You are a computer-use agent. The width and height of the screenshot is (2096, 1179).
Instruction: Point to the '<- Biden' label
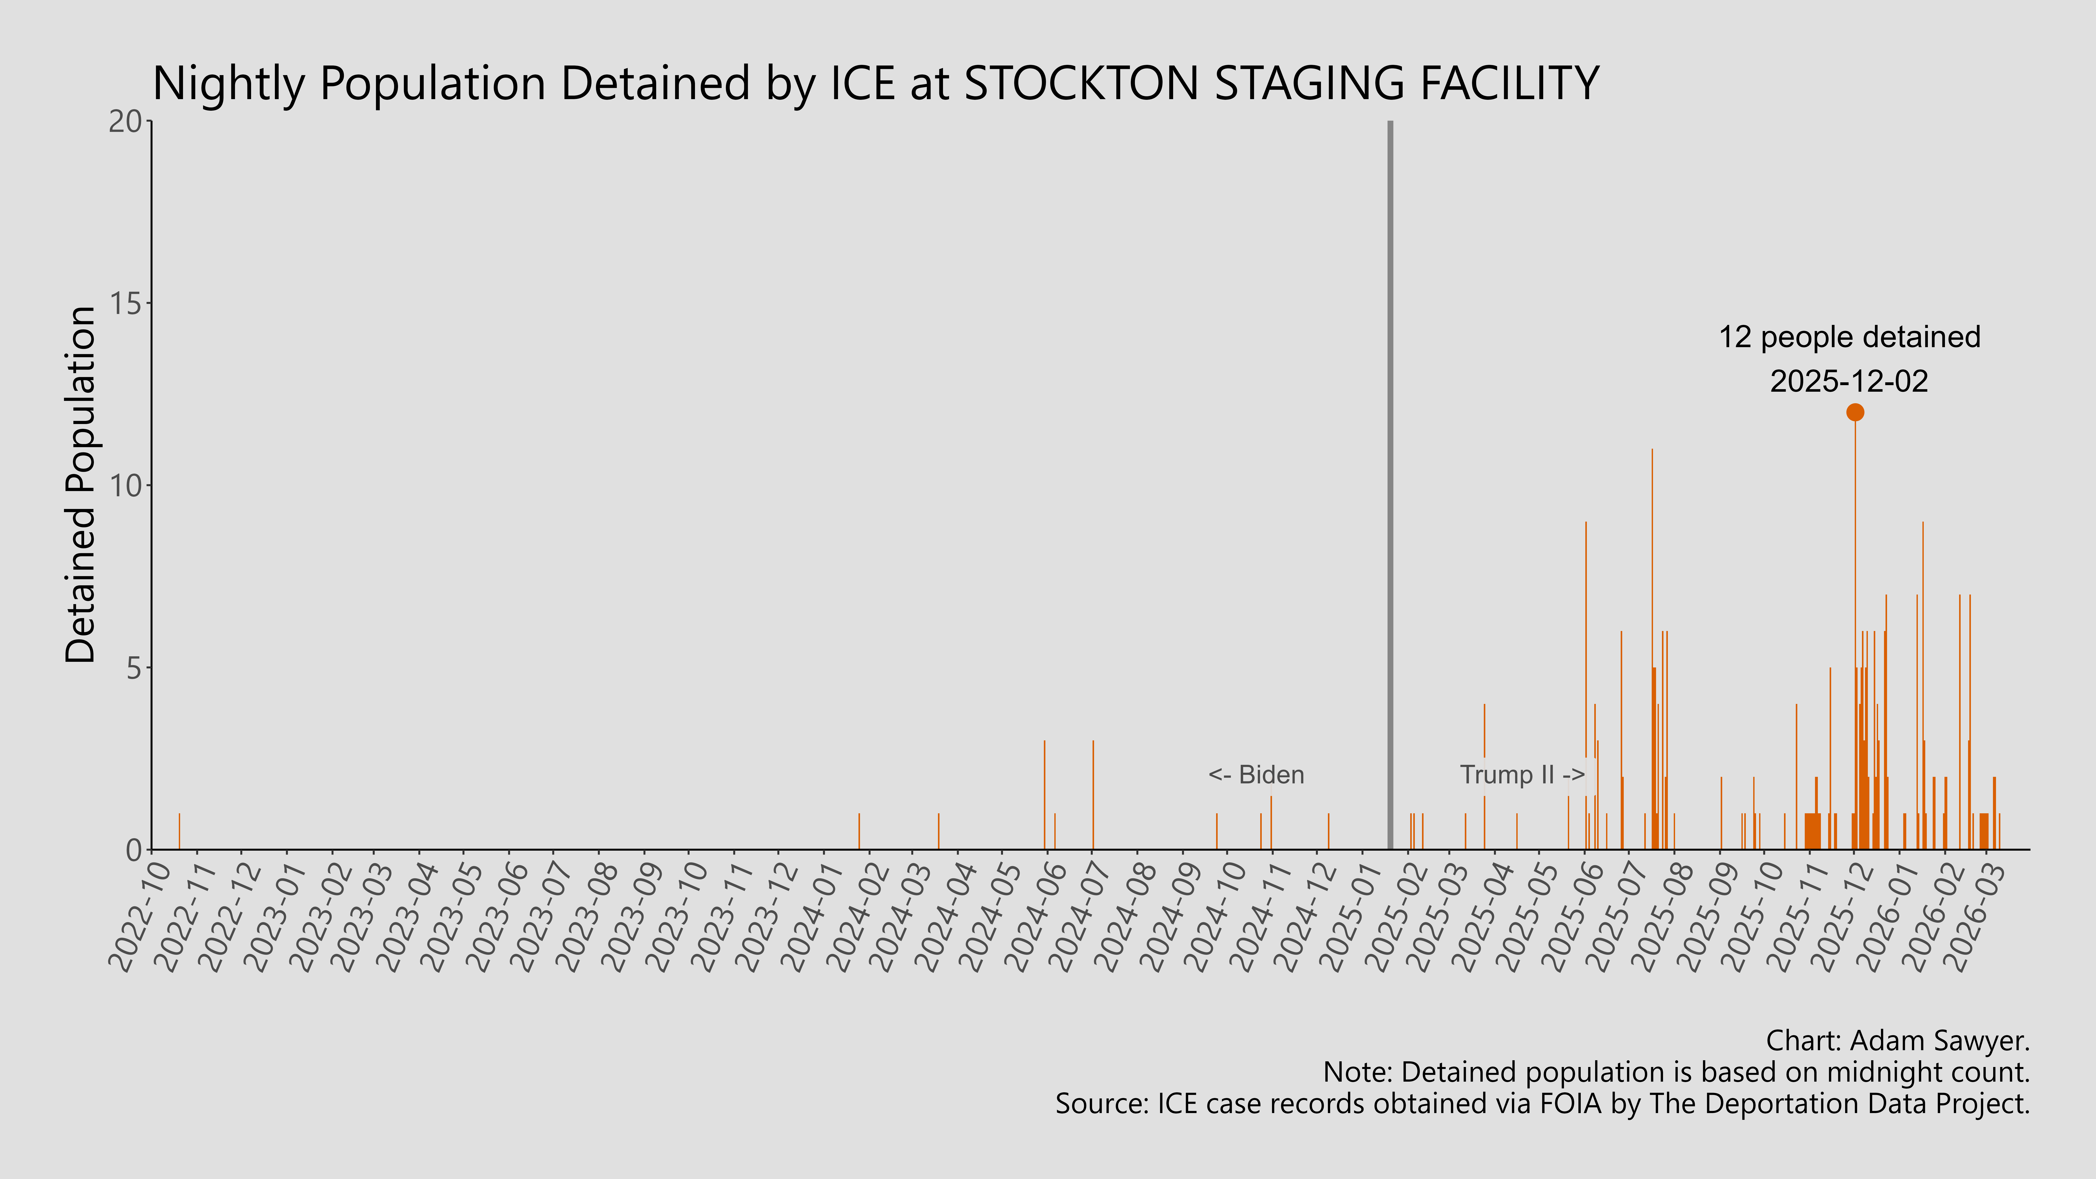(1256, 775)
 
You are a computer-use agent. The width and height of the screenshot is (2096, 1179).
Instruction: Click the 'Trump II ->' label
(1522, 775)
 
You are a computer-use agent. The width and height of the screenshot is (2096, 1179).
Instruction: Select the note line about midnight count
(1676, 1072)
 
